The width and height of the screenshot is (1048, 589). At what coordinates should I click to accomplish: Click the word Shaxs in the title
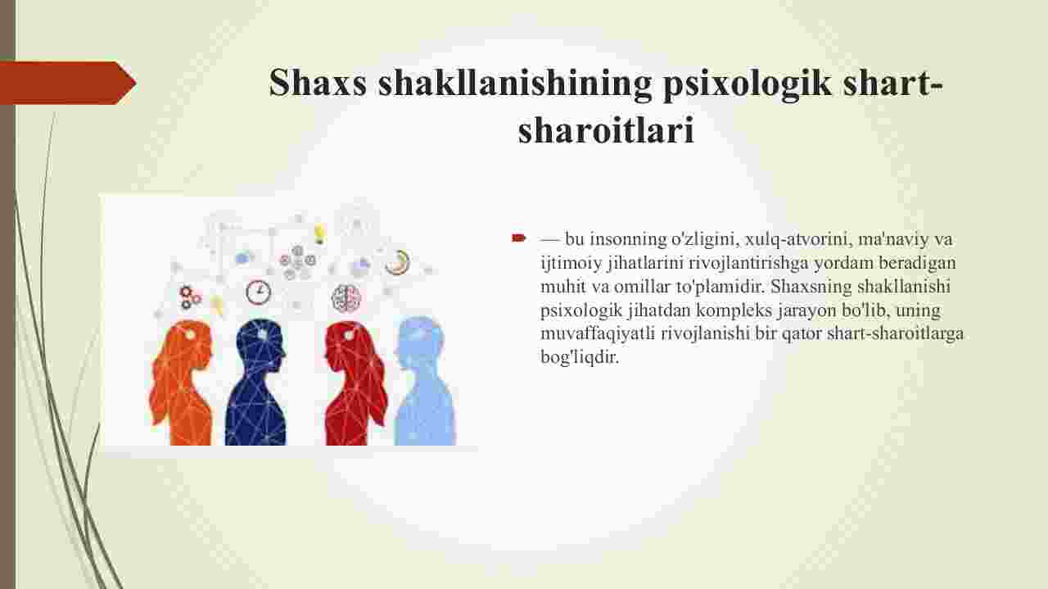(318, 83)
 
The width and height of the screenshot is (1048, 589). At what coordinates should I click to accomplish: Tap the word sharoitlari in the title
(606, 129)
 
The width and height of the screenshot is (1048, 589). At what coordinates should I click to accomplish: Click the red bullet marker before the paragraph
(518, 238)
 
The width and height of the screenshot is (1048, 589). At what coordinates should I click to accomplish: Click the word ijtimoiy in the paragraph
(571, 264)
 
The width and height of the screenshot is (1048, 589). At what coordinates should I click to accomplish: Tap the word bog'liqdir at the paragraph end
(580, 358)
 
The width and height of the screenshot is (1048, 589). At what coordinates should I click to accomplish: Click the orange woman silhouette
(182, 383)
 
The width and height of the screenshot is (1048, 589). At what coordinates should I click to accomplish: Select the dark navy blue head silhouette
(256, 383)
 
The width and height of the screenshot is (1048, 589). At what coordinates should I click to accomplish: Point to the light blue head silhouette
(424, 382)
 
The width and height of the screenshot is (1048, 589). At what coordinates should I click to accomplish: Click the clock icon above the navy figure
(258, 292)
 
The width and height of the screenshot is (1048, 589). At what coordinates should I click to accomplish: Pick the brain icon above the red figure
(346, 298)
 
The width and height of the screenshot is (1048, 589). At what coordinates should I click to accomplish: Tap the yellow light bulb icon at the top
(319, 233)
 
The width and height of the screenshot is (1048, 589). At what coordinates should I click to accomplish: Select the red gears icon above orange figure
(189, 297)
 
